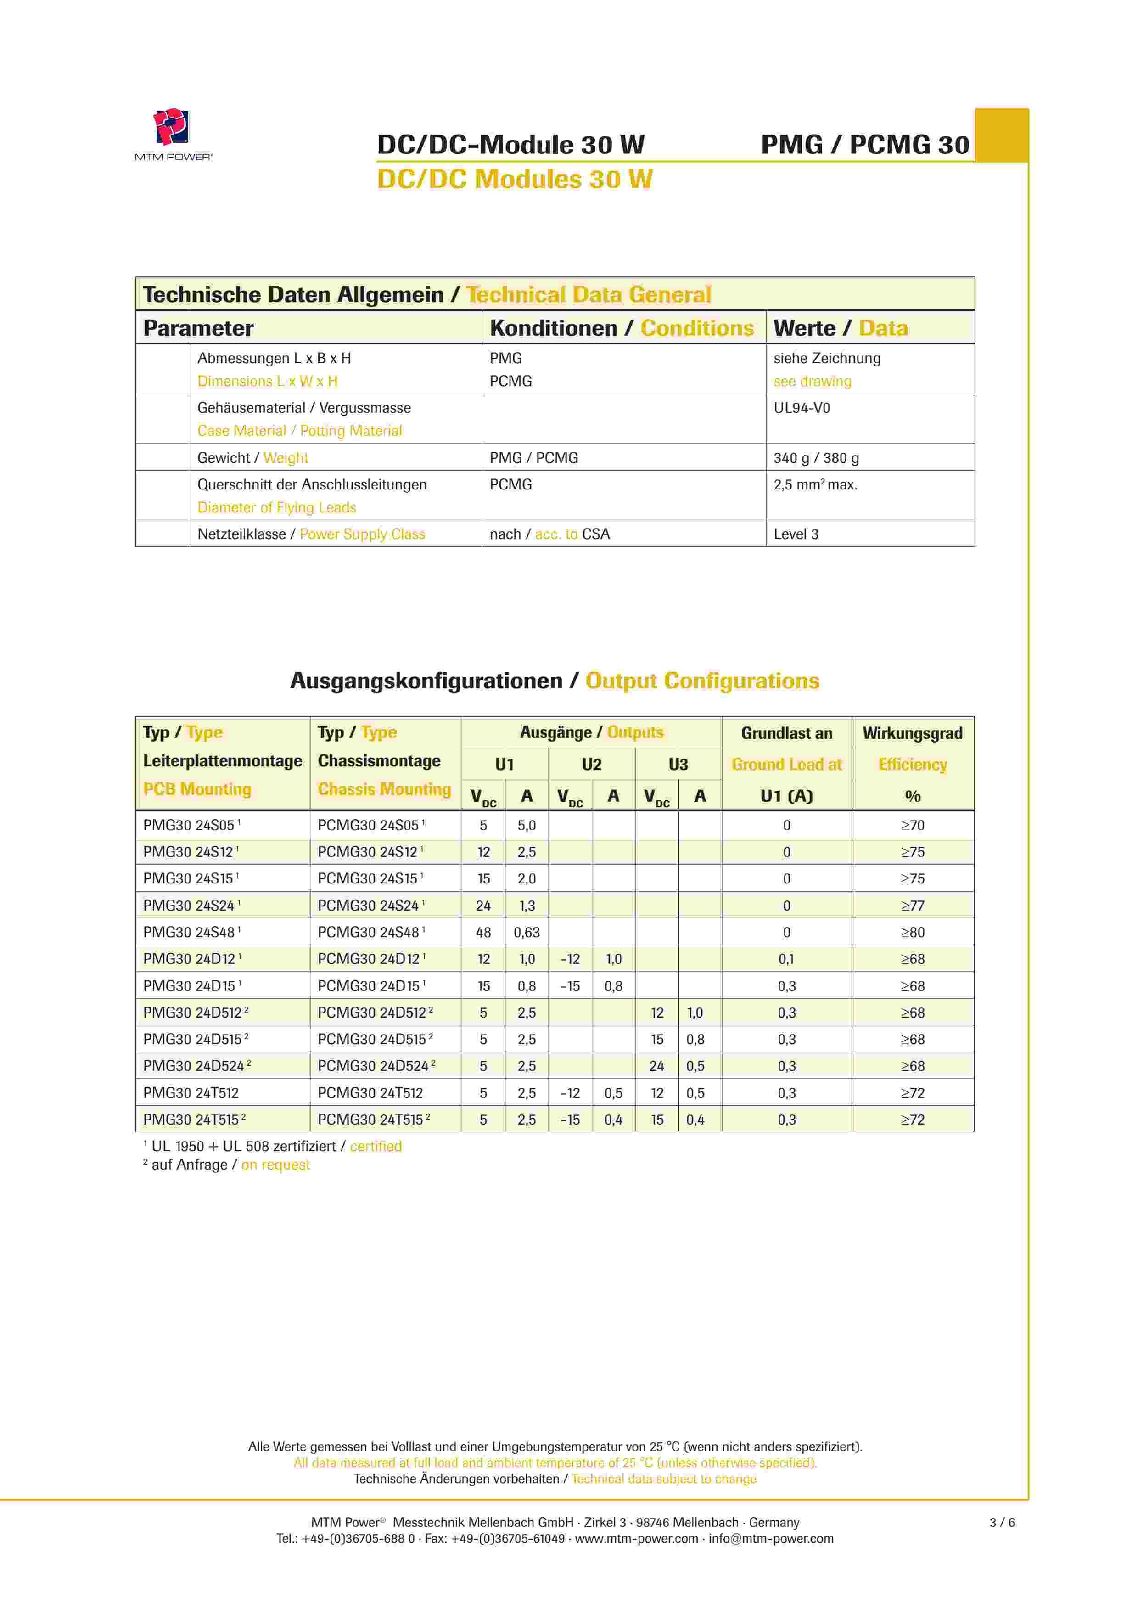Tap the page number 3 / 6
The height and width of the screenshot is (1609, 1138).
[x=1001, y=1522]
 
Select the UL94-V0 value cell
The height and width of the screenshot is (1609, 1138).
[x=801, y=408]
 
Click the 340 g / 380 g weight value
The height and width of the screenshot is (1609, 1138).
[x=816, y=458]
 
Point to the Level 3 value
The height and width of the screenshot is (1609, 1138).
[x=796, y=534]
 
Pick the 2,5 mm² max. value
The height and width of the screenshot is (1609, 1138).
[x=815, y=484]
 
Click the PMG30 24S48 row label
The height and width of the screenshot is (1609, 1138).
[x=189, y=932]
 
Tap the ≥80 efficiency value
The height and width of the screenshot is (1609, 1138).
[x=912, y=932]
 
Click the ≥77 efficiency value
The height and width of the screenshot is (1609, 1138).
[x=912, y=906]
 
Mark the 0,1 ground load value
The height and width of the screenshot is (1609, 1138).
[x=786, y=959]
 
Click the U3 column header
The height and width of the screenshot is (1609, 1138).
[x=678, y=764]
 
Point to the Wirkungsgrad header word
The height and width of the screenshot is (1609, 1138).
[x=912, y=733]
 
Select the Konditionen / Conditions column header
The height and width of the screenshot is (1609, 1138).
[x=622, y=328]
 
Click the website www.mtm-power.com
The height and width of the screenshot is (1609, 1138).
[x=636, y=1538]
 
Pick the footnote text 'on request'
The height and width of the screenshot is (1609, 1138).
[x=275, y=1165]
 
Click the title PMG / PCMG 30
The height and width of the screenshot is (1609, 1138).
[x=865, y=144]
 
